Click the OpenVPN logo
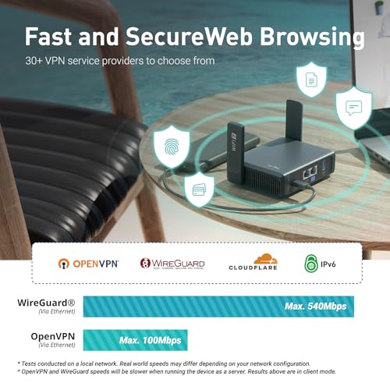pyautogui.click(x=88, y=264)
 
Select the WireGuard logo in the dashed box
pyautogui.click(x=172, y=264)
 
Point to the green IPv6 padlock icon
pyautogui.click(x=311, y=264)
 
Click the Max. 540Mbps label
pyautogui.click(x=316, y=307)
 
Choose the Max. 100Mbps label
pyautogui.click(x=151, y=340)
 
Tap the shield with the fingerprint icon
pyautogui.click(x=172, y=147)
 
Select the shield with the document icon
pyautogui.click(x=311, y=80)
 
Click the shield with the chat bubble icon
pyautogui.click(x=354, y=108)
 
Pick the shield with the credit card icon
pyautogui.click(x=199, y=190)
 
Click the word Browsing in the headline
pyautogui.click(x=312, y=37)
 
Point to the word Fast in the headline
pyautogui.click(x=49, y=37)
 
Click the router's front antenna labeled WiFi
pyautogui.click(x=236, y=153)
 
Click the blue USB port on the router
pyautogui.click(x=324, y=165)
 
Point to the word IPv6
pyautogui.click(x=328, y=264)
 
